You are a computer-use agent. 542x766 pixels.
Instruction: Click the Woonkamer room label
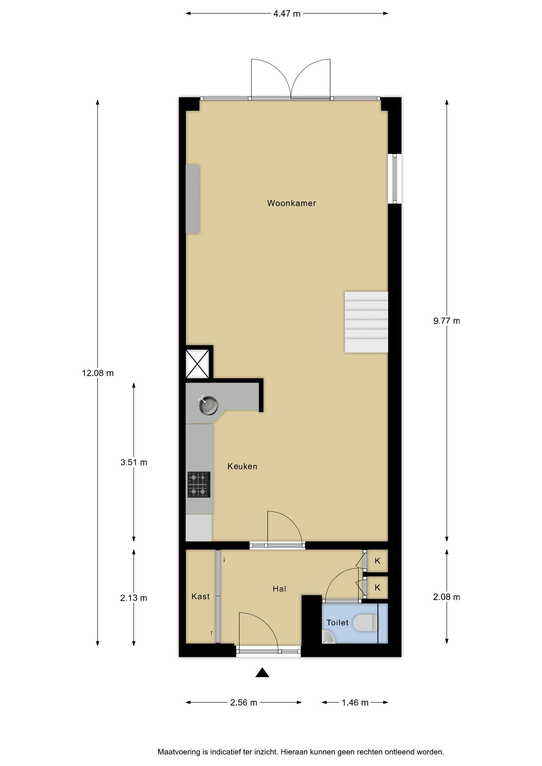coord(291,203)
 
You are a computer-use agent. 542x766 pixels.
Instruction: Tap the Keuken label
coord(242,466)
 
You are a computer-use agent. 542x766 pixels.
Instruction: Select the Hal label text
coord(279,588)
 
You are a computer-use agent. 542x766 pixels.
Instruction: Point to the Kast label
coord(200,596)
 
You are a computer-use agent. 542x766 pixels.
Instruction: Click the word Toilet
coord(337,622)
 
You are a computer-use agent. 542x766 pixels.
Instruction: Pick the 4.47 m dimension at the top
coord(287,14)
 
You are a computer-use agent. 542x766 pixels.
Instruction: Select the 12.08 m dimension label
coord(98,373)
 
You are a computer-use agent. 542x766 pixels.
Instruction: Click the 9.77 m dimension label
coord(447,321)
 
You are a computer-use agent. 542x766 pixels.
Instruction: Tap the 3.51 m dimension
coord(134,462)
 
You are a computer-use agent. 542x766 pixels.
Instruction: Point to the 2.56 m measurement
coord(243,702)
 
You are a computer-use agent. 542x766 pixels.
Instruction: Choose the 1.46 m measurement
coord(355,702)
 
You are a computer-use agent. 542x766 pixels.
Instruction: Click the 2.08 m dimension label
coord(447,597)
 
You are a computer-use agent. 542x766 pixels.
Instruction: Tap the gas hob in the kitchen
coord(199,484)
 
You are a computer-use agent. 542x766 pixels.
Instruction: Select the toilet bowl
coord(366,622)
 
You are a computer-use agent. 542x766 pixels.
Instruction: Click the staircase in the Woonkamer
coord(366,322)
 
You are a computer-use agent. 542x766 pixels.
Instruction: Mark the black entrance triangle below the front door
coord(262,672)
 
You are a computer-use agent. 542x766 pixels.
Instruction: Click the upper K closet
coord(377,561)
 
